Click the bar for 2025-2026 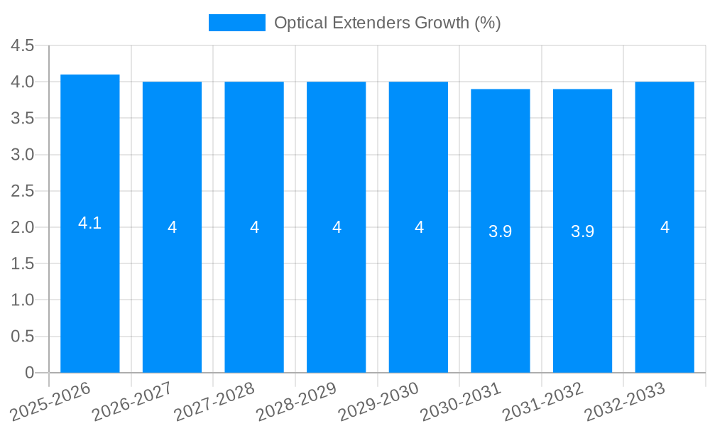tap(89, 284)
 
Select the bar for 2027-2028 tap(254, 284)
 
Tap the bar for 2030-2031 tap(501, 284)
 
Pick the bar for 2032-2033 tap(665, 284)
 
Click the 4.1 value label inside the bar tap(89, 223)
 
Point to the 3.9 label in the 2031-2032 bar tap(582, 231)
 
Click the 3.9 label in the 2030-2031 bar tap(501, 231)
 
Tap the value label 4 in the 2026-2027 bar tap(172, 227)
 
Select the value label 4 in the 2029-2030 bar tap(419, 227)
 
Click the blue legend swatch tap(236, 23)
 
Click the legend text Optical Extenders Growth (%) tap(387, 23)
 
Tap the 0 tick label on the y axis tap(29, 373)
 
